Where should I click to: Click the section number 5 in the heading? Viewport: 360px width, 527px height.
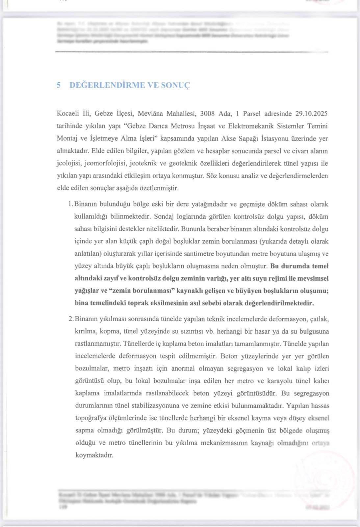pos(59,85)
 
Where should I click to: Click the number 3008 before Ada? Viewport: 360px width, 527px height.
pos(207,114)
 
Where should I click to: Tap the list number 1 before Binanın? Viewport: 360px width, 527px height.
pos(70,204)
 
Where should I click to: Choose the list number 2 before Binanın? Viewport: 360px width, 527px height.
pos(70,319)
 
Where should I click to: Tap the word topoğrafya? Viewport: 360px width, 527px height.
pos(92,418)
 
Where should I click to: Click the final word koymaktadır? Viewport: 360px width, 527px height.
pos(94,456)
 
